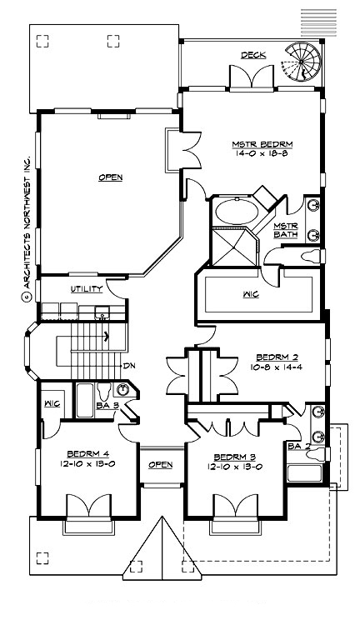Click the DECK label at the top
pyautogui.click(x=253, y=55)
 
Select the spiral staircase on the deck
pyautogui.click(x=302, y=60)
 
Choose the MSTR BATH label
pyautogui.click(x=286, y=230)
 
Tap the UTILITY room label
pyautogui.click(x=87, y=289)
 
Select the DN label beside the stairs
pyautogui.click(x=129, y=365)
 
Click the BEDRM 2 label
pyautogui.click(x=275, y=356)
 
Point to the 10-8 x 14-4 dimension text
pyautogui.click(x=275, y=366)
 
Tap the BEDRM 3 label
pyautogui.click(x=234, y=457)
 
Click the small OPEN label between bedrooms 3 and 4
pyautogui.click(x=160, y=464)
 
